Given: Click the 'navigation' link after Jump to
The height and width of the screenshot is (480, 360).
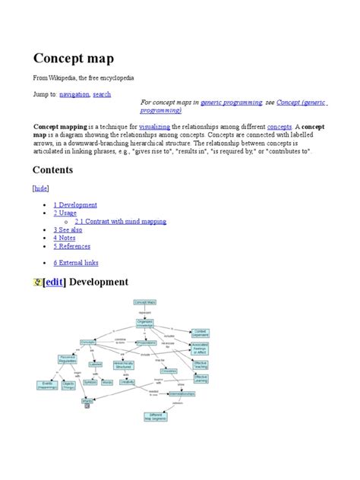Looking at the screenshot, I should (76, 93).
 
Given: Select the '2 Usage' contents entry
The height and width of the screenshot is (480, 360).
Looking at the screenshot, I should (67, 213).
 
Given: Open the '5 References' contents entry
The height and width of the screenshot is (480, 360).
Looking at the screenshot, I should (73, 247).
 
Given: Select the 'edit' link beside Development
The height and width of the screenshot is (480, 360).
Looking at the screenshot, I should (55, 283).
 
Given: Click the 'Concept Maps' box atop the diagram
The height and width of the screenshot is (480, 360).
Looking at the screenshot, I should (144, 303).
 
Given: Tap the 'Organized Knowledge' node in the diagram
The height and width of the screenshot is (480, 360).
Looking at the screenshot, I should (144, 323).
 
